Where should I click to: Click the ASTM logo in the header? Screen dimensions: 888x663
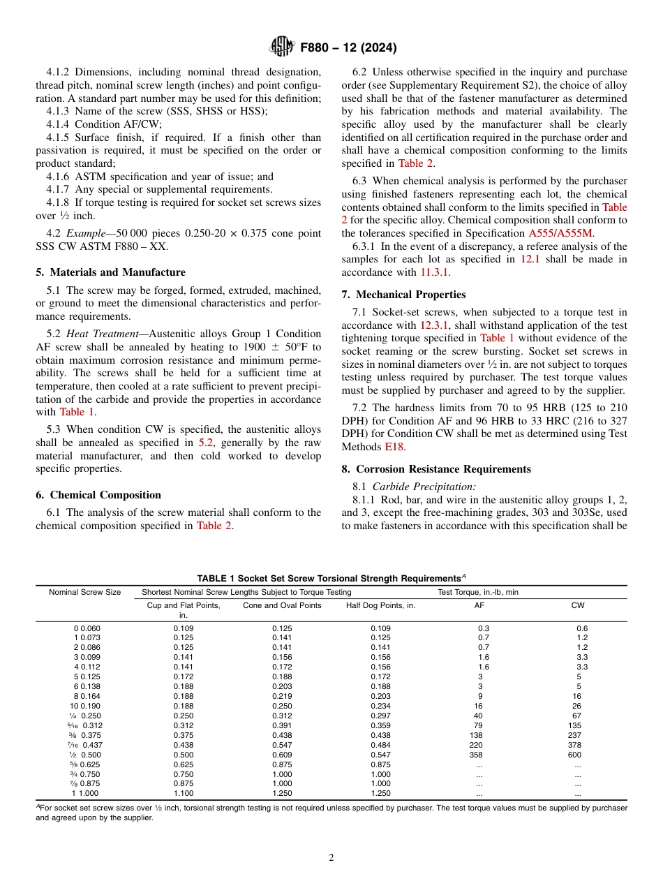[282, 47]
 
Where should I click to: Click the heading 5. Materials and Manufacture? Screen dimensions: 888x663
[110, 272]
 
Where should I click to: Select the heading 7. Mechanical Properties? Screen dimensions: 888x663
[403, 295]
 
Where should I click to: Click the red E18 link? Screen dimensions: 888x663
[394, 447]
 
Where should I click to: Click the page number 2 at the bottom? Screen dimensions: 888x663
[331, 858]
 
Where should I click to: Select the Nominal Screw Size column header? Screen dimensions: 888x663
[84, 592]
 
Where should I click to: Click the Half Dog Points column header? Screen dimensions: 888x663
[380, 605]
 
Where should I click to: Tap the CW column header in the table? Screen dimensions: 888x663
[578, 605]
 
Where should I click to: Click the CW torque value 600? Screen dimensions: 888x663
[578, 755]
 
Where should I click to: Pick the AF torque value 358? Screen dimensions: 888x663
[479, 755]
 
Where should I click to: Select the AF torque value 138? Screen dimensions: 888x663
[479, 735]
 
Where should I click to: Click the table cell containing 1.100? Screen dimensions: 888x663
[184, 794]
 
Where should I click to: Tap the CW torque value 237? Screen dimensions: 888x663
[578, 735]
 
